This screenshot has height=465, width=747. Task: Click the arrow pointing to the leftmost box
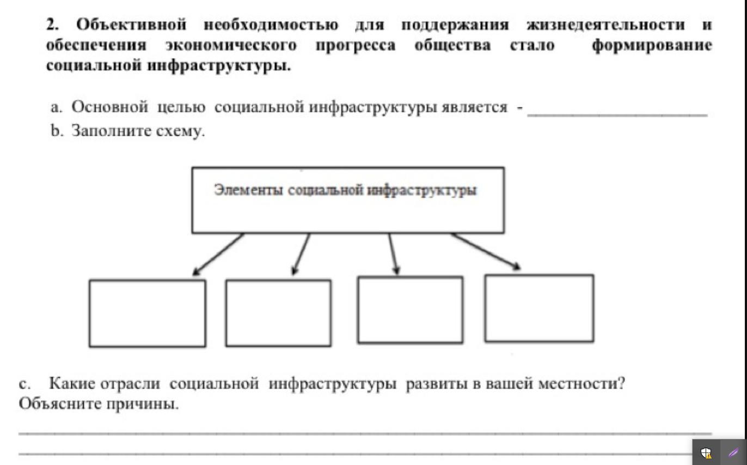[x=218, y=255]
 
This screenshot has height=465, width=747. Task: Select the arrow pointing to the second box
[x=301, y=254]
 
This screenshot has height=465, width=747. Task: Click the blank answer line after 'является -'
[x=617, y=115]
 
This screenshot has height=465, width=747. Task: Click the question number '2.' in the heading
[x=52, y=25]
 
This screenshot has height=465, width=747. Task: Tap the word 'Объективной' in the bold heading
[x=131, y=25]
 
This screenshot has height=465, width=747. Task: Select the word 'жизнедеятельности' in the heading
[x=605, y=25]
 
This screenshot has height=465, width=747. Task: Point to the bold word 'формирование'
[x=652, y=45]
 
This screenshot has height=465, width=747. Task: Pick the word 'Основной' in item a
[x=110, y=107]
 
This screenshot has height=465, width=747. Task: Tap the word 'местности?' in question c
[x=582, y=383]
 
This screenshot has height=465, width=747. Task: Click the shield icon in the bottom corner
[x=706, y=453]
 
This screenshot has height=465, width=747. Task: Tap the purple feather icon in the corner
[x=733, y=453]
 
